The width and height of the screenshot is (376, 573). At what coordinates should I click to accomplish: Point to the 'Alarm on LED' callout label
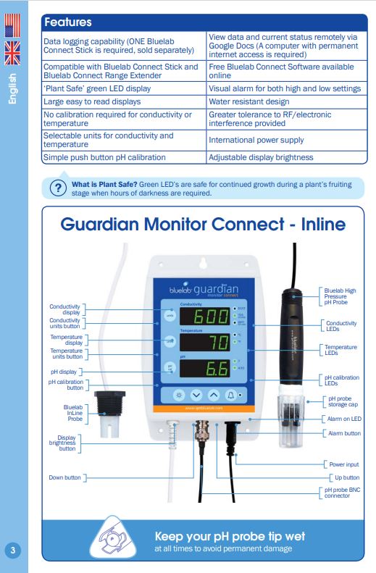click(x=343, y=419)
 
